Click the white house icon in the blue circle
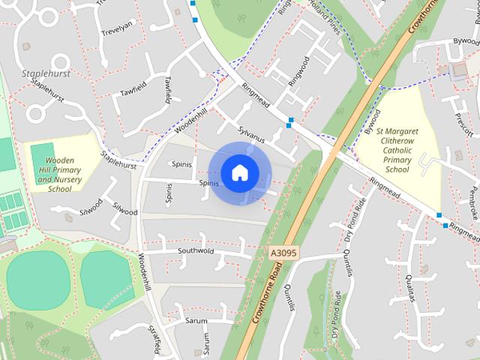point(238,173)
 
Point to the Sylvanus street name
point(252,134)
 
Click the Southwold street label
point(196,250)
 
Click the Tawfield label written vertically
point(169,91)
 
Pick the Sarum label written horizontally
point(196,320)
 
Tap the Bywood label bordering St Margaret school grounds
point(368,124)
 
